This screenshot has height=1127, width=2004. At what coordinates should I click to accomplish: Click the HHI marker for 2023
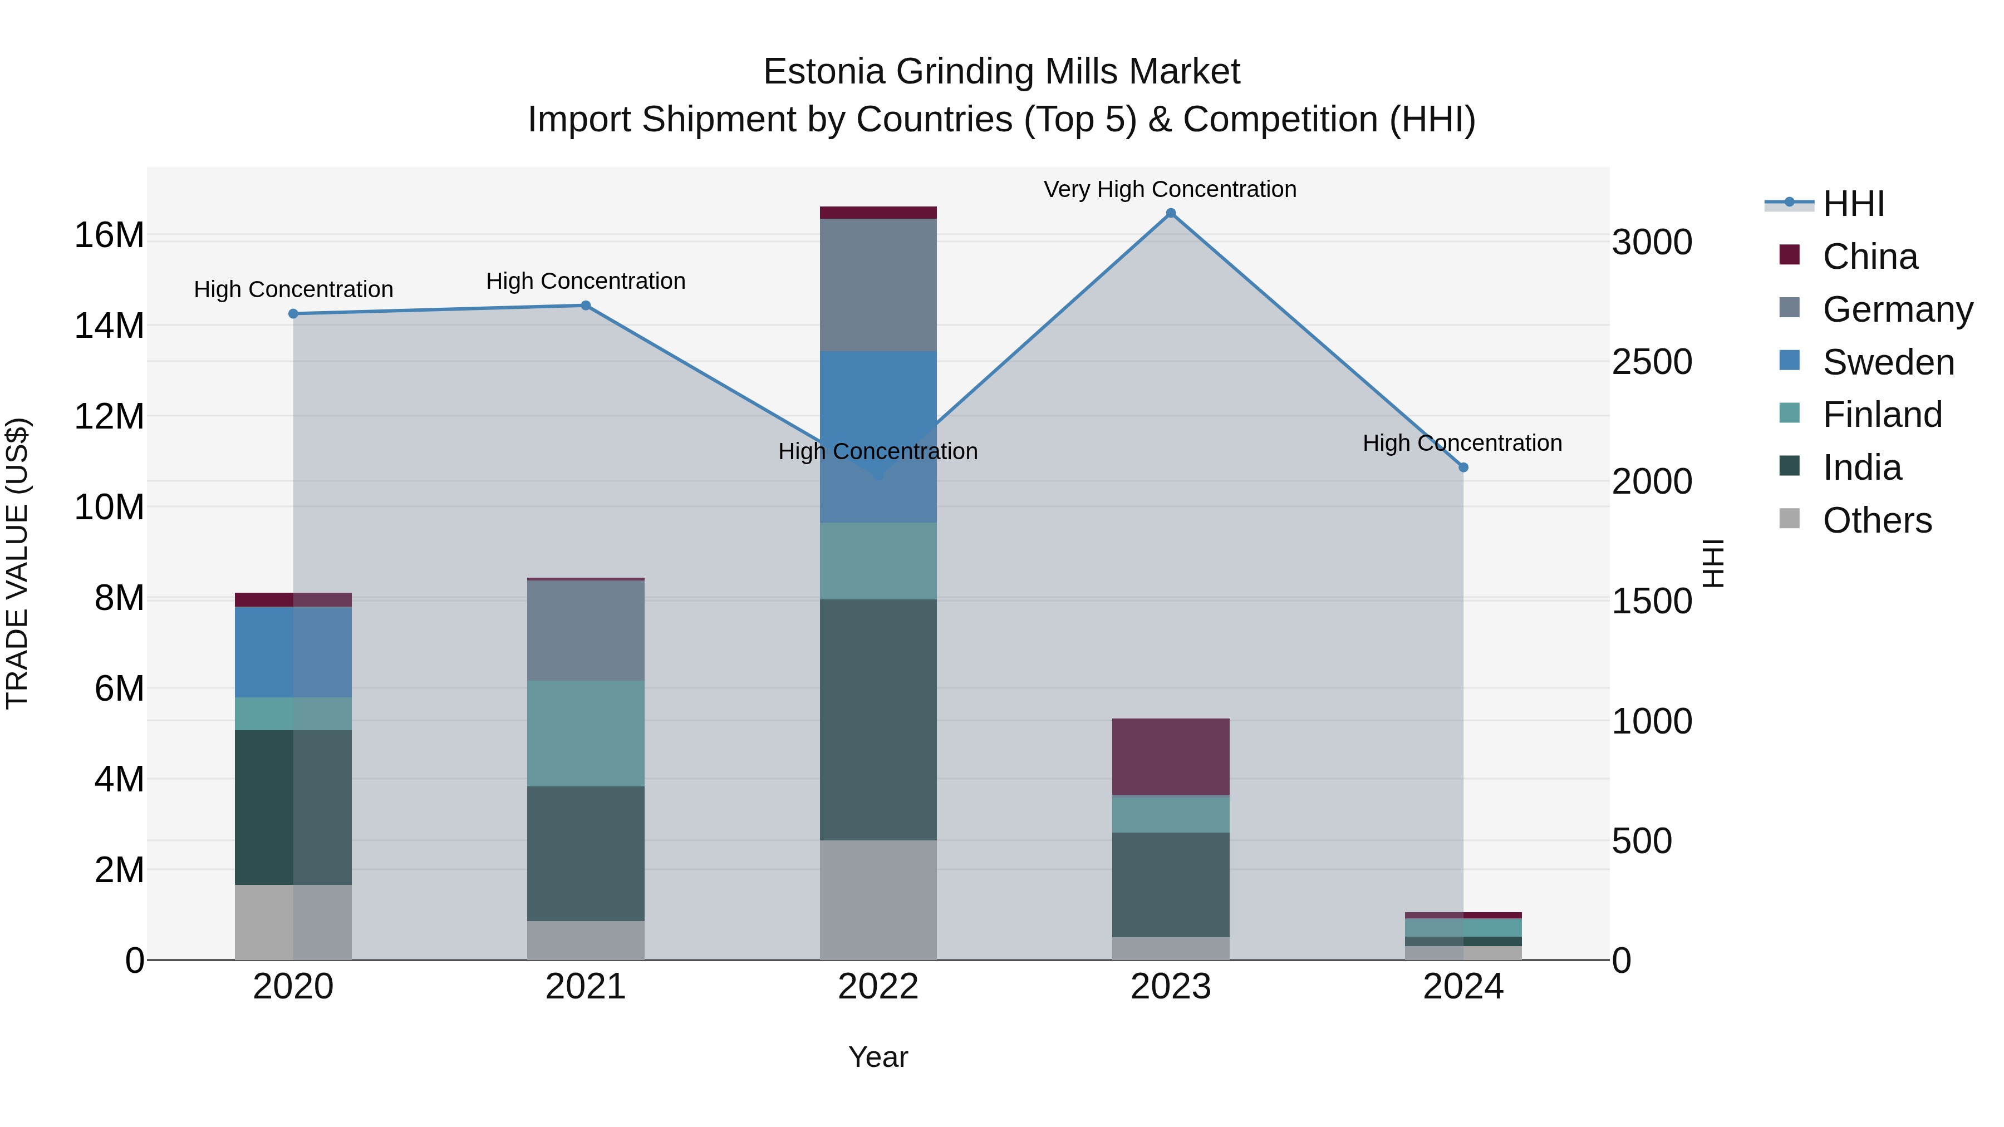coord(1171,213)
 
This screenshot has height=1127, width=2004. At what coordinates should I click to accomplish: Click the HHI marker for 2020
coord(293,313)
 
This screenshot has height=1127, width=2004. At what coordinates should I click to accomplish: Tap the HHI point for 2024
coord(1463,467)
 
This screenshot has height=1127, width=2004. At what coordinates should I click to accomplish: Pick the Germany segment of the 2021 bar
coord(586,630)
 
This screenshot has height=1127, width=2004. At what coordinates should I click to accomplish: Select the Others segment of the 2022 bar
coord(878,899)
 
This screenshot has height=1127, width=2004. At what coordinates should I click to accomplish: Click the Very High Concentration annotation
coord(1170,189)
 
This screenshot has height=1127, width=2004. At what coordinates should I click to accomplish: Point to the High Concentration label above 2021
coord(586,281)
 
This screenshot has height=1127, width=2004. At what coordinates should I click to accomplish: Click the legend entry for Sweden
coord(1888,362)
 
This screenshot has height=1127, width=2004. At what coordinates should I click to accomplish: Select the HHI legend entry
coord(1853,204)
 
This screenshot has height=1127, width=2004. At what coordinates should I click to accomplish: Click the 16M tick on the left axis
coord(109,235)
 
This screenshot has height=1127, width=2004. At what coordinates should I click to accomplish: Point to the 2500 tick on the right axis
coord(1652,362)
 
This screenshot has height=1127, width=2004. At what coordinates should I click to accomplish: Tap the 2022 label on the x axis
coord(878,987)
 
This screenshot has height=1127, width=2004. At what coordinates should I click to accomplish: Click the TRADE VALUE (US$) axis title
coord(18,563)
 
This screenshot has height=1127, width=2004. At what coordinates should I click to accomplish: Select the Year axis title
coord(878,1057)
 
